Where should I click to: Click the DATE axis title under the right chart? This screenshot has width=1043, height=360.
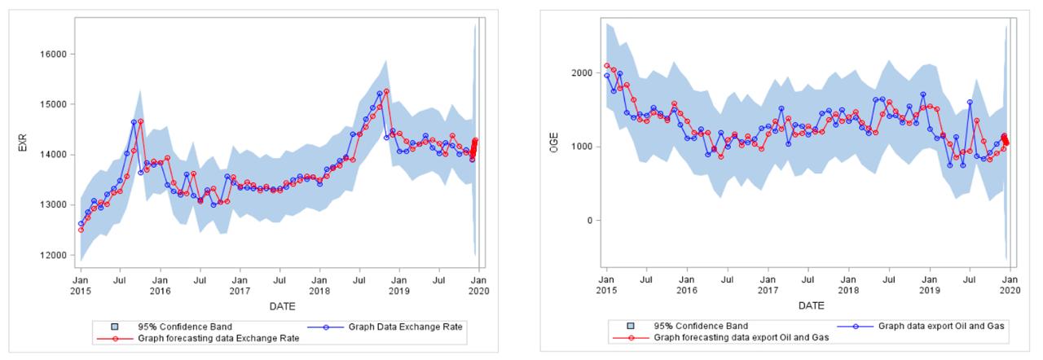pos(810,306)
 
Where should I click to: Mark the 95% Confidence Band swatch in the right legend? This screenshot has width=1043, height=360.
pos(632,326)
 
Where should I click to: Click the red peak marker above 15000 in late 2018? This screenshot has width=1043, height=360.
pos(386,91)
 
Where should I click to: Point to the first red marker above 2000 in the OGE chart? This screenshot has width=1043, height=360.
pos(607,66)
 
